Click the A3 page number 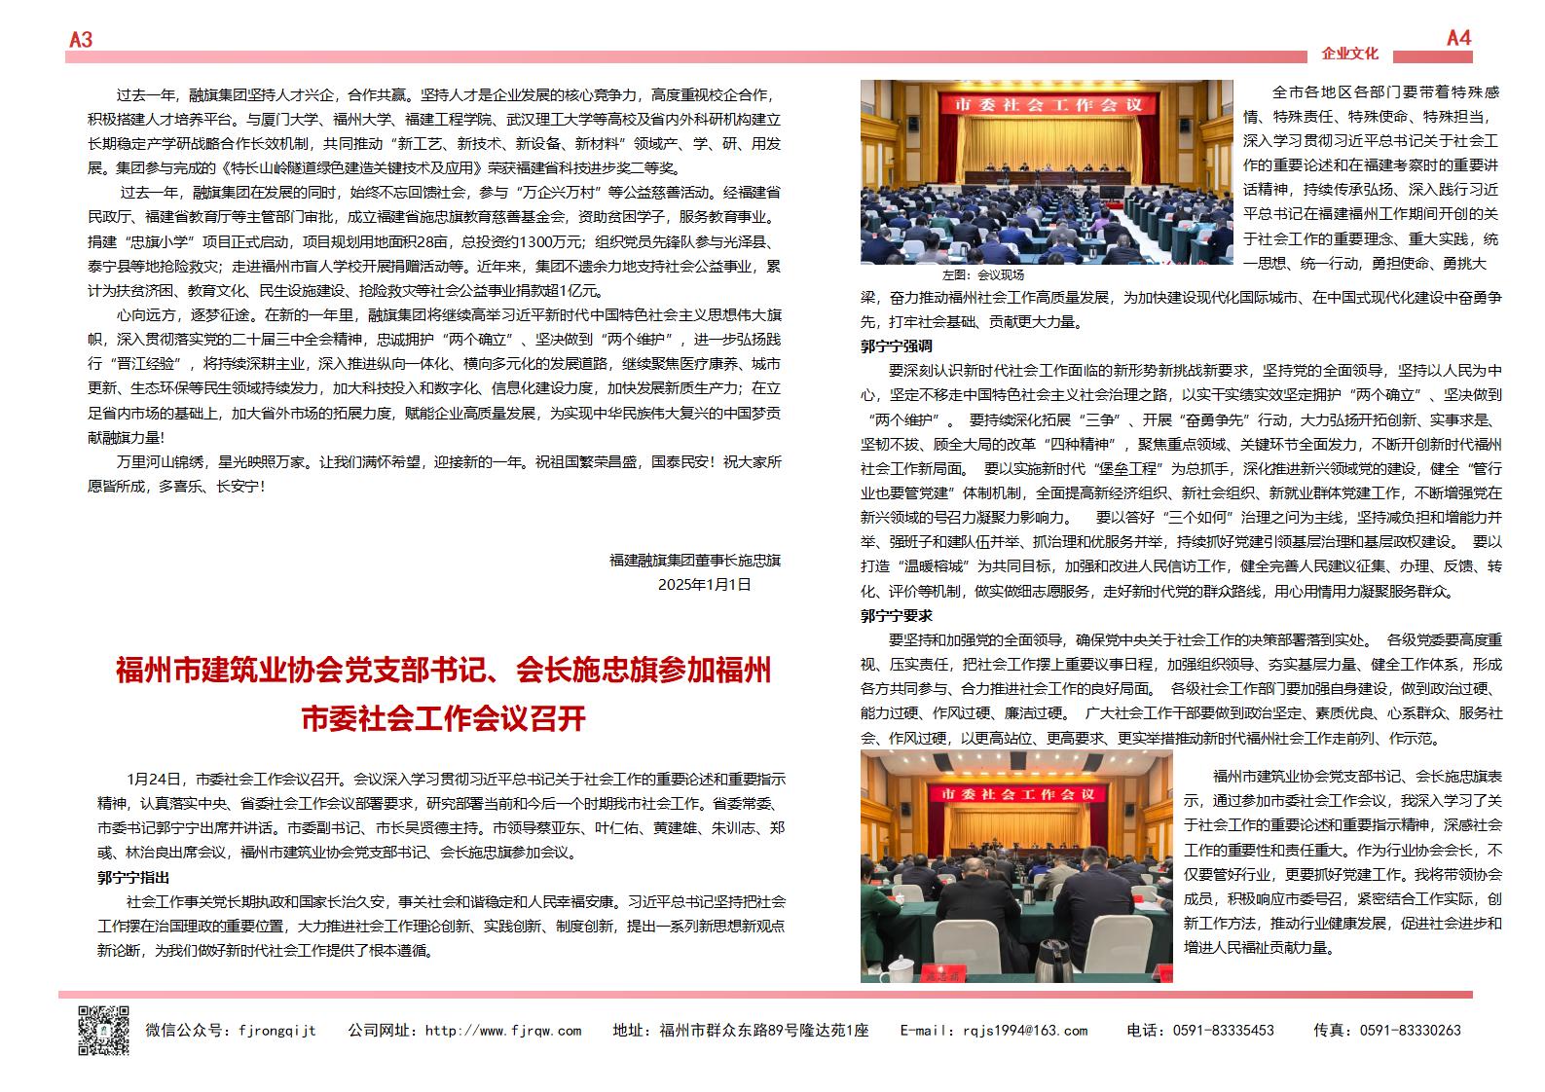click(x=81, y=39)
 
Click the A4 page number click(x=1458, y=38)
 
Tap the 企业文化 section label click(x=1349, y=54)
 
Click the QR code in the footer click(x=103, y=1030)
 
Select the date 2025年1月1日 click(x=705, y=584)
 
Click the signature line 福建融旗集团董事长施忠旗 click(x=694, y=561)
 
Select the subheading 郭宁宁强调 click(x=897, y=346)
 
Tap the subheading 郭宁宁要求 click(x=897, y=615)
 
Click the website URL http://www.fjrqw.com click(x=503, y=1031)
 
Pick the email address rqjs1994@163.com click(x=1025, y=1031)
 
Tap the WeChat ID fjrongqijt click(x=277, y=1031)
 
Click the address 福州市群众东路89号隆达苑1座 click(x=763, y=1031)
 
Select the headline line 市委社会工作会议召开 click(x=443, y=718)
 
